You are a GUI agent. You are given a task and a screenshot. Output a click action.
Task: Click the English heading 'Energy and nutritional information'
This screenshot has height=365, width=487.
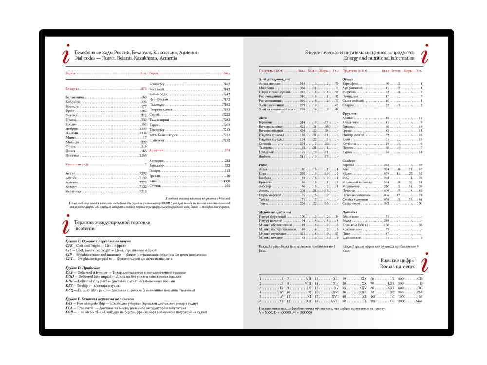click(379, 58)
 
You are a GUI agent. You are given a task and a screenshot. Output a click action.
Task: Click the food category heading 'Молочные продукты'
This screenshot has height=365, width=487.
click(275, 212)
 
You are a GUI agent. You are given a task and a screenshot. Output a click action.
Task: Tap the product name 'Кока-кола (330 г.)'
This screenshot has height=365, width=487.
click(358, 225)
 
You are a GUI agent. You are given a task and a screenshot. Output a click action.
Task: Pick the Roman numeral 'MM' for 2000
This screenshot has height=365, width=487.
click(419, 301)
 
